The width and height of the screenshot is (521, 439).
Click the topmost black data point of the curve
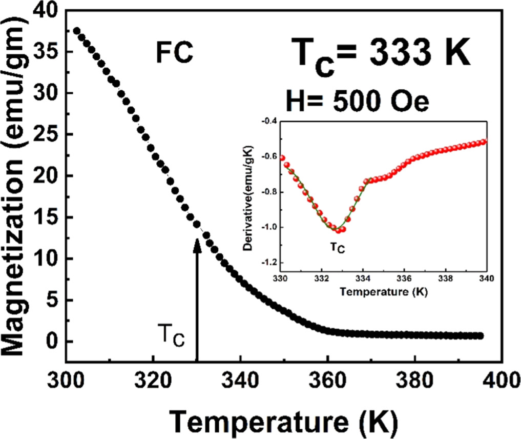point(77,31)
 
